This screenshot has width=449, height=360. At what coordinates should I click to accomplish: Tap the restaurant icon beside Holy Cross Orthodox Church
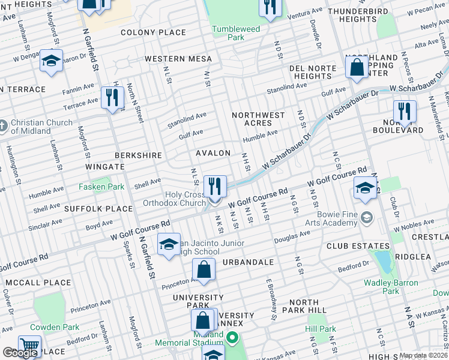click(215, 186)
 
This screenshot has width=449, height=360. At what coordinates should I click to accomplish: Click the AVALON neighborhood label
click(213, 154)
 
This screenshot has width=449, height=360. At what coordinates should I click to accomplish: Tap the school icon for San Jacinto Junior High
click(169, 244)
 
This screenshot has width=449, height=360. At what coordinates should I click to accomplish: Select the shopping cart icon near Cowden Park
click(29, 346)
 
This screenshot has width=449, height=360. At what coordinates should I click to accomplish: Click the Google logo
click(20, 353)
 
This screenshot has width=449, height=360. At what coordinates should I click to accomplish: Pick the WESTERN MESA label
click(178, 59)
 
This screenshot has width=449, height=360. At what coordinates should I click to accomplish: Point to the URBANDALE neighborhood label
click(249, 263)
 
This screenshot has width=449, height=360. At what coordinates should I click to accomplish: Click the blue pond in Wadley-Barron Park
click(382, 259)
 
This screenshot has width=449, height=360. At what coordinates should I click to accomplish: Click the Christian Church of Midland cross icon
click(4, 126)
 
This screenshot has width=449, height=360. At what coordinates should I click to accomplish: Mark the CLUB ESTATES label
click(358, 247)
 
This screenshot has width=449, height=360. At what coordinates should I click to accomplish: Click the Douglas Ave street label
click(292, 239)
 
